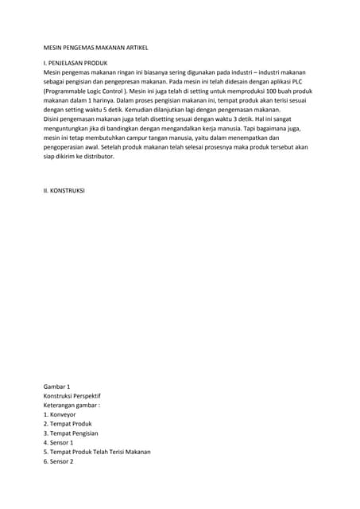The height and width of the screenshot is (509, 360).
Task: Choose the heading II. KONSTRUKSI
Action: [x=64, y=192]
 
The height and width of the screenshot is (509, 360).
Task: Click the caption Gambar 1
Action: [x=57, y=386]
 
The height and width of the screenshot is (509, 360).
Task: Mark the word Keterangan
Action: [x=62, y=405]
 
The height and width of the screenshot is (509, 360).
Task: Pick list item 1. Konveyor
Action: [x=60, y=414]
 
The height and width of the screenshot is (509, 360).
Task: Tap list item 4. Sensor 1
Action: [x=58, y=442]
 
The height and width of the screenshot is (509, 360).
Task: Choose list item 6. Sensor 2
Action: [x=58, y=461]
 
